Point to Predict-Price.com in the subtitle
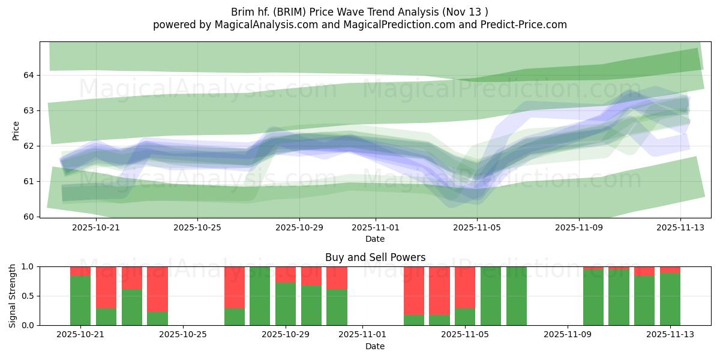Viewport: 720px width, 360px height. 519,25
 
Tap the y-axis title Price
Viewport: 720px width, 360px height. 16,131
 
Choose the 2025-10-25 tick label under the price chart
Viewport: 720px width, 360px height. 198,228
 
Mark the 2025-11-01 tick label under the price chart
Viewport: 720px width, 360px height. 376,228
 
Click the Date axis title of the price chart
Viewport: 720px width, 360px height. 375,239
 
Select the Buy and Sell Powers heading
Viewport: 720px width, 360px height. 375,257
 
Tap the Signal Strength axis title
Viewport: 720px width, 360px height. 13,296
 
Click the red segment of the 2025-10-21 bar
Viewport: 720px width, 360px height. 80,271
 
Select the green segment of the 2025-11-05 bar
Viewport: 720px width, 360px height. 465,317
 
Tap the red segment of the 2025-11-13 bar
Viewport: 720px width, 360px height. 670,269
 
